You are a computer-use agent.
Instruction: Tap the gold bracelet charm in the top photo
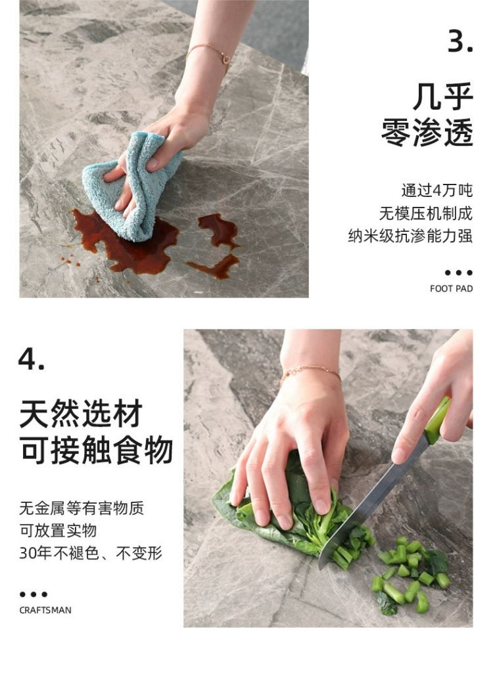pyautogui.click(x=225, y=57)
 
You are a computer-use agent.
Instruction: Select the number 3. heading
pyautogui.click(x=461, y=42)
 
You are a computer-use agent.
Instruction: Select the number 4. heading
pyautogui.click(x=31, y=359)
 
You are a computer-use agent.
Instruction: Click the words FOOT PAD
pyautogui.click(x=451, y=288)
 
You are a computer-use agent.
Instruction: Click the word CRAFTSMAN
pyautogui.click(x=45, y=610)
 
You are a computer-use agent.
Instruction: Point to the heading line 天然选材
pyautogui.click(x=81, y=414)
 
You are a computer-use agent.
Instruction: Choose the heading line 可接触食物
pyautogui.click(x=96, y=450)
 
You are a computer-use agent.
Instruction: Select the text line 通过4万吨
pyautogui.click(x=437, y=190)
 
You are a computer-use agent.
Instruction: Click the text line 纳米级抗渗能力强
pyautogui.click(x=410, y=236)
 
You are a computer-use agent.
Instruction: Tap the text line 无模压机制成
pyautogui.click(x=426, y=213)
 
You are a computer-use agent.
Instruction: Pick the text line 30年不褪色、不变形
pyautogui.click(x=91, y=553)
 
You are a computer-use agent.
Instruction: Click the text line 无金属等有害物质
pyautogui.click(x=82, y=508)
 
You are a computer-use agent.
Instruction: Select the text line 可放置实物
pyautogui.click(x=58, y=531)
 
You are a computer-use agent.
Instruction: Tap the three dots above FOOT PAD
pyautogui.click(x=459, y=272)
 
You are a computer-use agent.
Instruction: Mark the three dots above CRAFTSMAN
pyautogui.click(x=34, y=594)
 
